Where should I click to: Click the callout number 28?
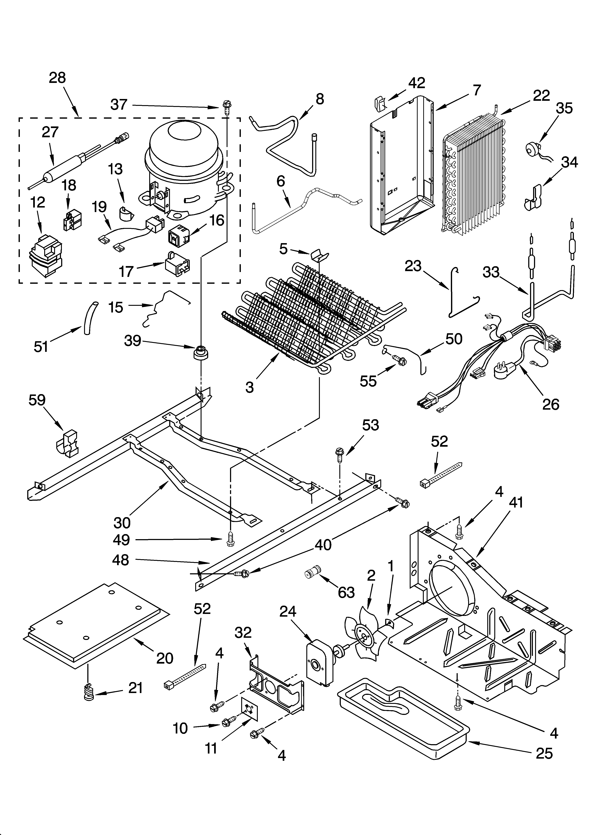click(57, 78)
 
